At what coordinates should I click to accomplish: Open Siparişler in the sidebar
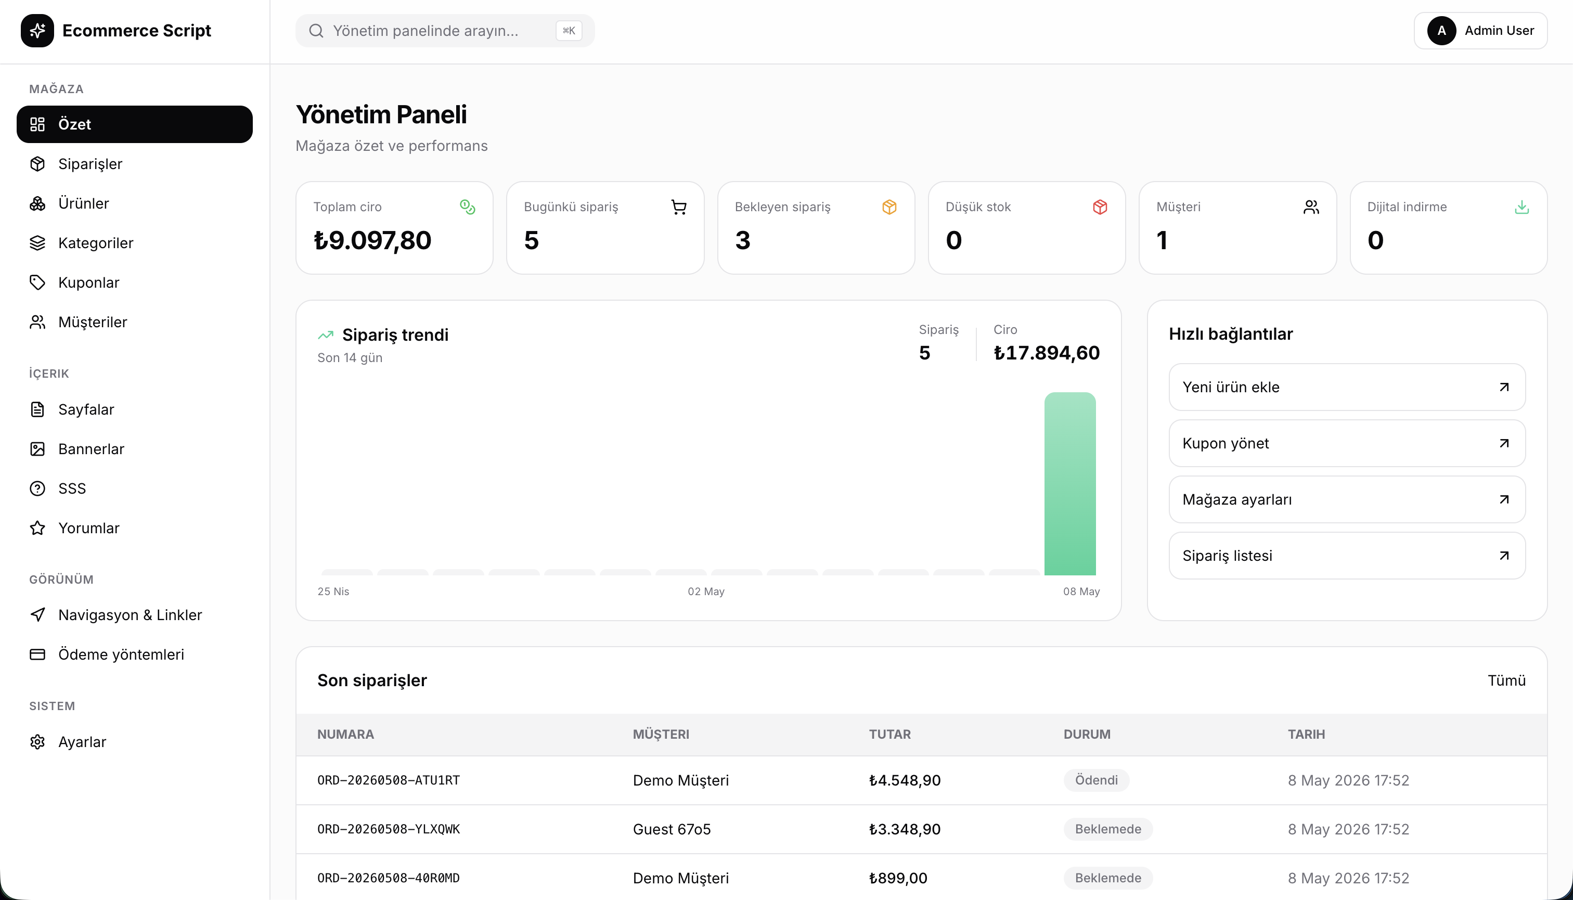pyautogui.click(x=90, y=164)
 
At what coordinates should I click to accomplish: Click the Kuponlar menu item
pyautogui.click(x=88, y=282)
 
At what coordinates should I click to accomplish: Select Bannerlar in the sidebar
pyautogui.click(x=91, y=449)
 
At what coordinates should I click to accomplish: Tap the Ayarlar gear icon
pyautogui.click(x=37, y=742)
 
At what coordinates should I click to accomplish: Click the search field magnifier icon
pyautogui.click(x=316, y=31)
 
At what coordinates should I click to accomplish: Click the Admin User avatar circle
pyautogui.click(x=1441, y=31)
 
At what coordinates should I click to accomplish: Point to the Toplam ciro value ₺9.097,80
pyautogui.click(x=372, y=240)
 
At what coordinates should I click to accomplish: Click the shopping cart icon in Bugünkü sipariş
pyautogui.click(x=679, y=207)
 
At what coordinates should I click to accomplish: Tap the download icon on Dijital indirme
pyautogui.click(x=1522, y=207)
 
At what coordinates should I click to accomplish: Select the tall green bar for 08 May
pyautogui.click(x=1070, y=484)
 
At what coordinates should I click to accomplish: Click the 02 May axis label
pyautogui.click(x=706, y=592)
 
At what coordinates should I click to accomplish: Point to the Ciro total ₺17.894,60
pyautogui.click(x=1047, y=353)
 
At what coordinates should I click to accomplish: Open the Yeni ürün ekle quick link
pyautogui.click(x=1347, y=387)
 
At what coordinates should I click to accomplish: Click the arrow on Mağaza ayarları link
pyautogui.click(x=1504, y=499)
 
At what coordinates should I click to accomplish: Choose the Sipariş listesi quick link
pyautogui.click(x=1347, y=556)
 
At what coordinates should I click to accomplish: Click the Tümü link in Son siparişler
pyautogui.click(x=1506, y=680)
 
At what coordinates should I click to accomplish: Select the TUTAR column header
pyautogui.click(x=889, y=735)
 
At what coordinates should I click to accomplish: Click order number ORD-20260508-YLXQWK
pyautogui.click(x=389, y=829)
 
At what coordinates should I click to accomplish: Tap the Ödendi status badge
pyautogui.click(x=1096, y=780)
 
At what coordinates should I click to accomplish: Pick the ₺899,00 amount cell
pyautogui.click(x=897, y=878)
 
